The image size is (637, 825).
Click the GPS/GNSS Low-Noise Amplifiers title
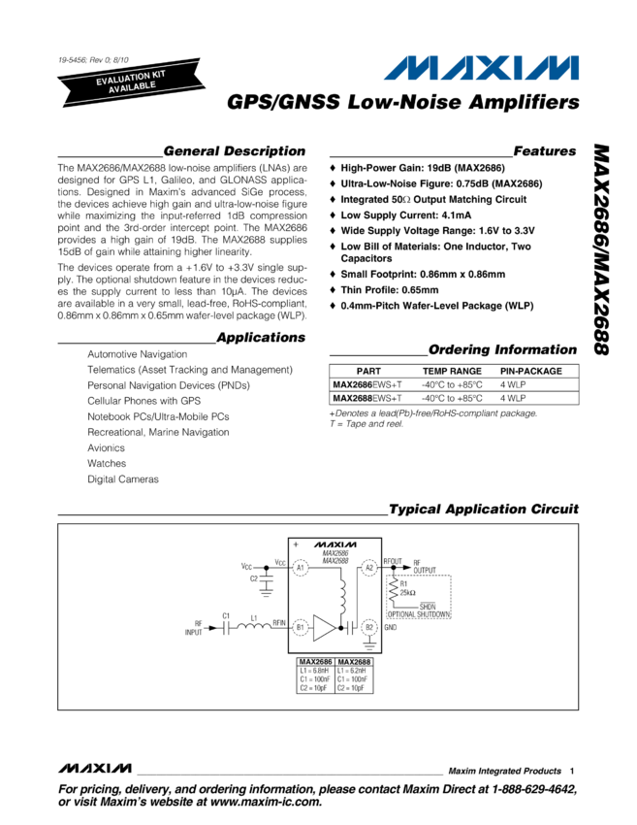pyautogui.click(x=402, y=102)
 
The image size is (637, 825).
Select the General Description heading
pyautogui.click(x=234, y=151)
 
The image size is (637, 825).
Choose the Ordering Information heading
pyautogui.click(x=502, y=349)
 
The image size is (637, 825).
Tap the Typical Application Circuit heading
pyautogui.click(x=483, y=510)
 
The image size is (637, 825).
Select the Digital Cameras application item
pyautogui.click(x=123, y=478)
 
